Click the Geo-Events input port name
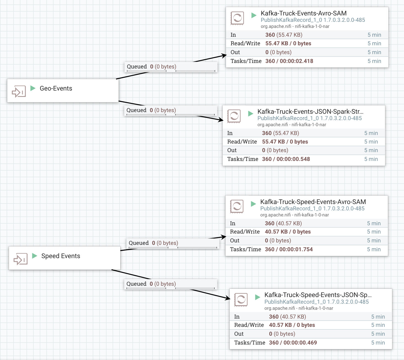[x=56, y=88]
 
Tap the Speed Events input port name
[x=61, y=256]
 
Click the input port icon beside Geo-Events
[x=19, y=91]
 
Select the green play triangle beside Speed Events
[x=35, y=256]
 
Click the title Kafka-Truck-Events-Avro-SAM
[x=304, y=13]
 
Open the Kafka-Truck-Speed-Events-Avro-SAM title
[x=313, y=202]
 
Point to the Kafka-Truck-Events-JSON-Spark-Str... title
[x=310, y=111]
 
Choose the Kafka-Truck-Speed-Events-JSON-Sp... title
[x=318, y=295]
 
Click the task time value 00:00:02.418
[x=296, y=61]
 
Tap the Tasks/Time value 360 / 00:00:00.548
[x=286, y=159]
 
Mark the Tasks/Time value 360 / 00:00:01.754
[x=289, y=249]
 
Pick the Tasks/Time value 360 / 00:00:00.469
[x=293, y=343]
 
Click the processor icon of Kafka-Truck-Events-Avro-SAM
[x=237, y=18]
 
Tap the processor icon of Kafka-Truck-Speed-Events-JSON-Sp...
[x=241, y=300]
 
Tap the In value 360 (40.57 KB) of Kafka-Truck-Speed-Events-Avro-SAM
[x=283, y=223]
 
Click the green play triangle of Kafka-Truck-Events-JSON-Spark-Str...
[x=251, y=113]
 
